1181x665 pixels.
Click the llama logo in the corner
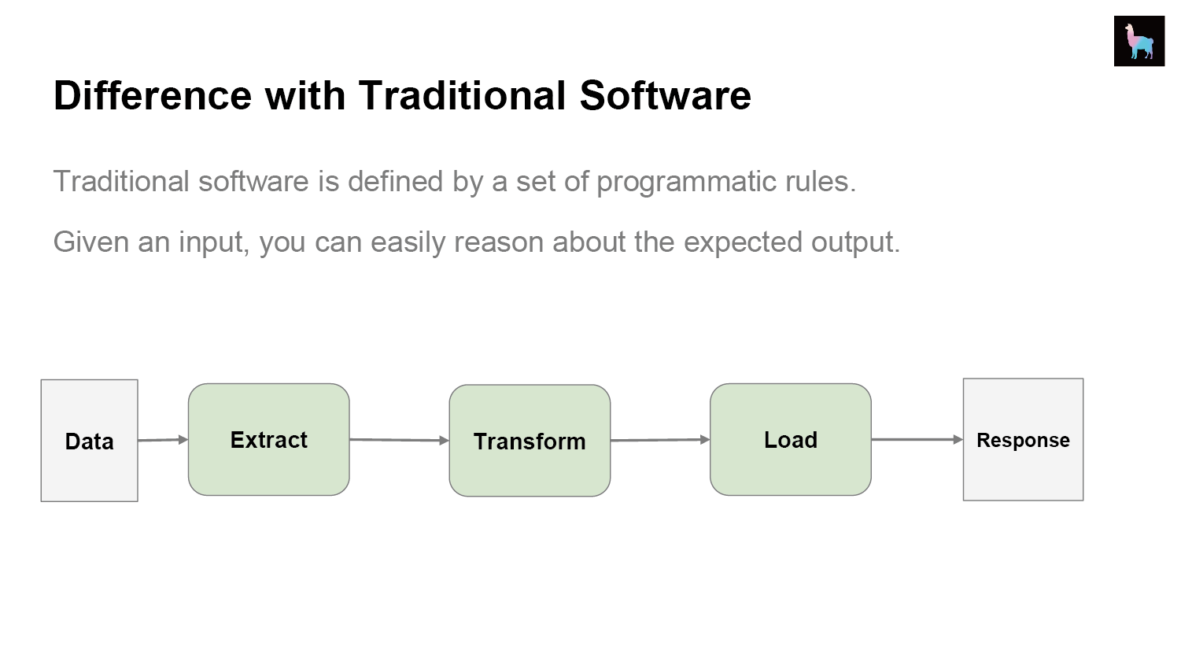(x=1139, y=41)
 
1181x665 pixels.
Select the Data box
(x=90, y=441)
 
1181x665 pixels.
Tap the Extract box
(x=269, y=439)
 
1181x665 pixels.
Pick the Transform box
(x=530, y=441)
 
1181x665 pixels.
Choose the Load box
(x=790, y=439)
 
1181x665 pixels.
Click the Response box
(x=1024, y=439)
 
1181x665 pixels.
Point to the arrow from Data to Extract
(x=163, y=440)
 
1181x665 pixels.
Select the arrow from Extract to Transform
(x=399, y=440)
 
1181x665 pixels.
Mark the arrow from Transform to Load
(x=660, y=440)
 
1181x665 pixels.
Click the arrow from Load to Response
(x=917, y=439)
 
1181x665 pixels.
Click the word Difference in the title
(x=153, y=95)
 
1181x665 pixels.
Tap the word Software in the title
(x=666, y=95)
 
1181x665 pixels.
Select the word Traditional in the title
(x=463, y=95)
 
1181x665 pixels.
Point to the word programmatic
(x=686, y=183)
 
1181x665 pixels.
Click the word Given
(x=91, y=242)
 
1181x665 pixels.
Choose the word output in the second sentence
(x=855, y=243)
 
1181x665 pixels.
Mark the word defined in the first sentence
(x=396, y=182)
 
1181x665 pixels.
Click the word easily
(x=408, y=243)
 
